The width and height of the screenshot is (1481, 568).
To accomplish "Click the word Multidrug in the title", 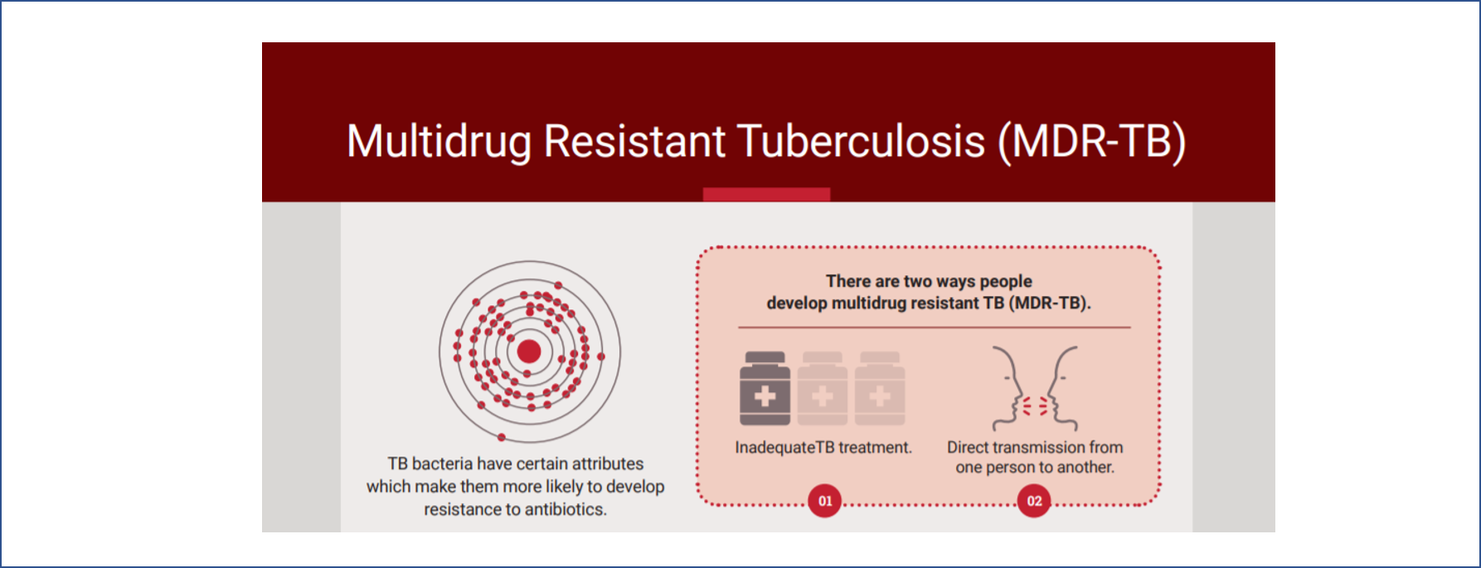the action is tap(439, 141).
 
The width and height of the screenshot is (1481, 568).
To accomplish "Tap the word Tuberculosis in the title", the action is tap(861, 141).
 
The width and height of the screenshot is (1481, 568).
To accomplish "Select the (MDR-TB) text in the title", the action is tap(1092, 142).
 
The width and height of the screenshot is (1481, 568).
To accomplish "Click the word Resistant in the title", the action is tap(634, 141).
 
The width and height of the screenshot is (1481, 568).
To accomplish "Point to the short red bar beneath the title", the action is tap(766, 194).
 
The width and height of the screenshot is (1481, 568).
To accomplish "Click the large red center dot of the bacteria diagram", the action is tap(529, 352).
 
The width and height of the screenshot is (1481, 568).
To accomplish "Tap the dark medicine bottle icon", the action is tap(765, 388).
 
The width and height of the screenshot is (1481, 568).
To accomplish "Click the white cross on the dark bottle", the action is tap(765, 396).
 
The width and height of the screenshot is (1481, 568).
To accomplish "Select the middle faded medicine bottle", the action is tap(823, 388).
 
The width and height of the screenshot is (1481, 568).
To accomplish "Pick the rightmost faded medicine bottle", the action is tap(880, 388).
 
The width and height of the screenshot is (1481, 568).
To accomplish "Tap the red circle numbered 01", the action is tap(825, 501).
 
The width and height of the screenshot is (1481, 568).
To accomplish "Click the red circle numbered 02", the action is tap(1034, 501).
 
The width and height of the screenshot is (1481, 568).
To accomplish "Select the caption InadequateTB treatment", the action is tap(823, 448).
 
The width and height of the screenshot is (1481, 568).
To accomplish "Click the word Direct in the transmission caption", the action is tap(968, 447).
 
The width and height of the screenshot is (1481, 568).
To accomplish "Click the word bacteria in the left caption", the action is tap(442, 464).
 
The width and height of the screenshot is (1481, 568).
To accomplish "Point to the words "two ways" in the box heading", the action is tap(940, 282).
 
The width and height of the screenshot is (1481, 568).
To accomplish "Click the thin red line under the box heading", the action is tap(935, 328).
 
